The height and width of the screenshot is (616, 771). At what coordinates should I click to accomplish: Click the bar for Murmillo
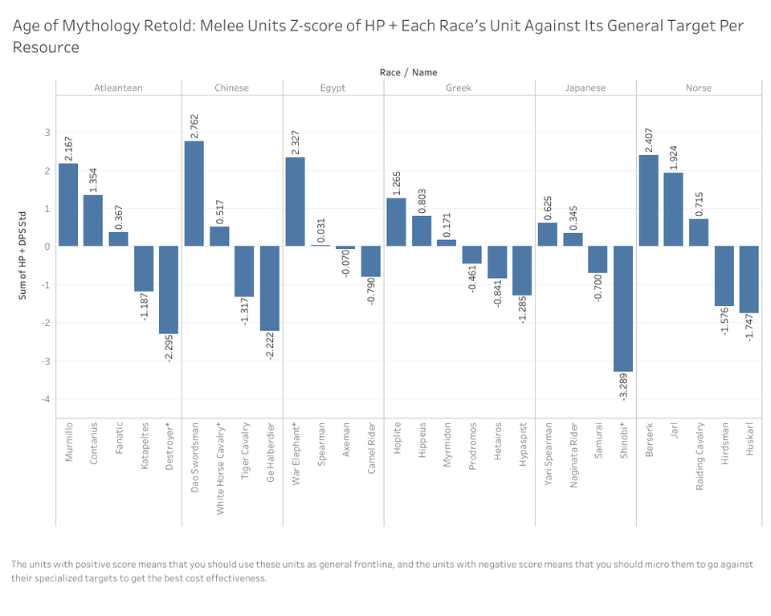(x=67, y=205)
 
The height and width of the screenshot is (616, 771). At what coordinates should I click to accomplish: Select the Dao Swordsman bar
(x=194, y=194)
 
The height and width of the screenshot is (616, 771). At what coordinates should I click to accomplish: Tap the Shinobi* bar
(x=623, y=308)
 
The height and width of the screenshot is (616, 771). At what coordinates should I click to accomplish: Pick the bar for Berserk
(x=648, y=200)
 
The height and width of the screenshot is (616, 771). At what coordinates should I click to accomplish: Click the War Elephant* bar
(x=296, y=202)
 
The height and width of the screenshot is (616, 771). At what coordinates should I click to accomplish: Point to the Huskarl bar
(x=749, y=279)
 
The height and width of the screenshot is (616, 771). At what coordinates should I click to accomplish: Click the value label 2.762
(x=194, y=126)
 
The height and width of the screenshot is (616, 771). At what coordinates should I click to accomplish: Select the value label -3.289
(x=623, y=386)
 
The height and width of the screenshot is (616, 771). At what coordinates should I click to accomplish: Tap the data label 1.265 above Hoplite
(x=396, y=183)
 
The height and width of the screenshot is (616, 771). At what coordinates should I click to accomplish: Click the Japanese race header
(x=585, y=88)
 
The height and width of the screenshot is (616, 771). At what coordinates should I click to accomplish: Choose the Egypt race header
(x=332, y=88)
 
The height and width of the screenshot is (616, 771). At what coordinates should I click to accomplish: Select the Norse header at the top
(x=698, y=88)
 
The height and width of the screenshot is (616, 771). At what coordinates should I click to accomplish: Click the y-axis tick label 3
(x=47, y=133)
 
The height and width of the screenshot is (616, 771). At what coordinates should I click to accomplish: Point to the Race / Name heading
(x=408, y=72)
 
